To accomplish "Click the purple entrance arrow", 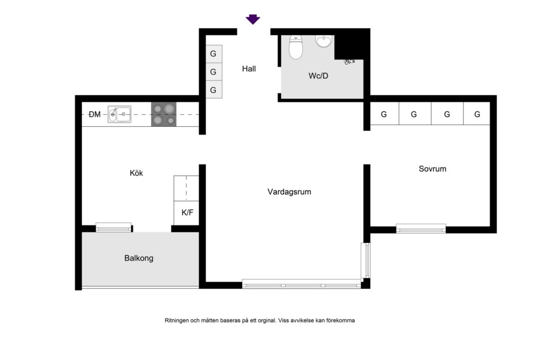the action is pyautogui.click(x=252, y=19).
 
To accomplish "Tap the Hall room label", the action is pyautogui.click(x=249, y=69).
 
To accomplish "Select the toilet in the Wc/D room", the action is pyautogui.click(x=296, y=47).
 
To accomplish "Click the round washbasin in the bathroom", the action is pyautogui.click(x=323, y=41).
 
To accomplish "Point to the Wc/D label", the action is pyautogui.click(x=318, y=76).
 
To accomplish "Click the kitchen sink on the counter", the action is pyautogui.click(x=120, y=114).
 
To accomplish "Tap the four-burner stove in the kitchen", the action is pyautogui.click(x=164, y=114).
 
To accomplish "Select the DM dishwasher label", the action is pyautogui.click(x=94, y=114).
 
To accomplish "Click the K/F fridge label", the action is pyautogui.click(x=187, y=213).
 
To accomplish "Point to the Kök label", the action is pyautogui.click(x=136, y=173).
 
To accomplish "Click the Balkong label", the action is pyautogui.click(x=139, y=258).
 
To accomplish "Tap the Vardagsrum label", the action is pyautogui.click(x=289, y=192).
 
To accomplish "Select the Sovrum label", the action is pyautogui.click(x=432, y=169).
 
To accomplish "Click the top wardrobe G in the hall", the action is pyautogui.click(x=214, y=54).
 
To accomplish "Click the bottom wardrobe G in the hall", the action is pyautogui.click(x=214, y=90).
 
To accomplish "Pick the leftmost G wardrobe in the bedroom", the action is pyautogui.click(x=384, y=114).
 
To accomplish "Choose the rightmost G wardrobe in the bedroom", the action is pyautogui.click(x=477, y=114).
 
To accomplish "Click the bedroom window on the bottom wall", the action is pyautogui.click(x=421, y=228).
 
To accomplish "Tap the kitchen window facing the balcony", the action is pyautogui.click(x=114, y=227).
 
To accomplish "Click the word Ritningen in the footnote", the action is pyautogui.click(x=177, y=321).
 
